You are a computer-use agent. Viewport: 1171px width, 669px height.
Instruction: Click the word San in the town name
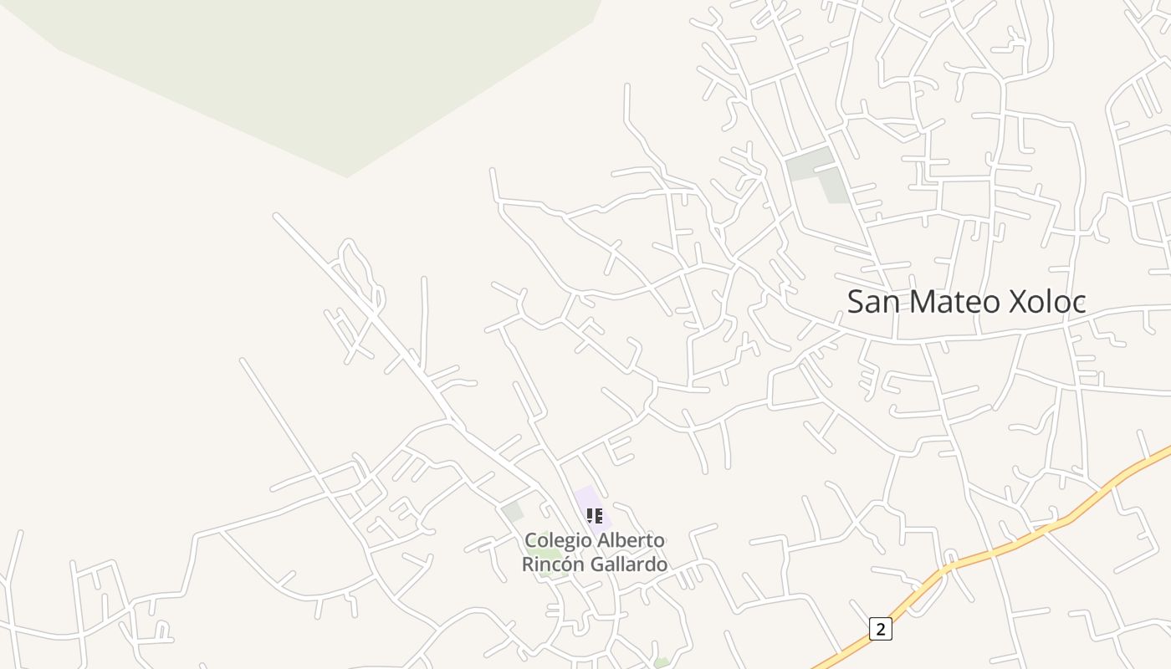[873, 302]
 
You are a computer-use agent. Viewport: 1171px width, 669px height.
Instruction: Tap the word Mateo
[954, 302]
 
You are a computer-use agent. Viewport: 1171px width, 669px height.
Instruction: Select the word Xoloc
[1047, 302]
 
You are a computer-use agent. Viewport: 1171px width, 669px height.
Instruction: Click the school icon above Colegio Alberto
[594, 516]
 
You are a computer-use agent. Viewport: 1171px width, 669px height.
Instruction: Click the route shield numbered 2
[880, 629]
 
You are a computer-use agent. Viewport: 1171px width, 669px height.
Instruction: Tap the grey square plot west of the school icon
[512, 511]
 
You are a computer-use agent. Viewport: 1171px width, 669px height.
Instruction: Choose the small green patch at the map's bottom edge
[662, 664]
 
